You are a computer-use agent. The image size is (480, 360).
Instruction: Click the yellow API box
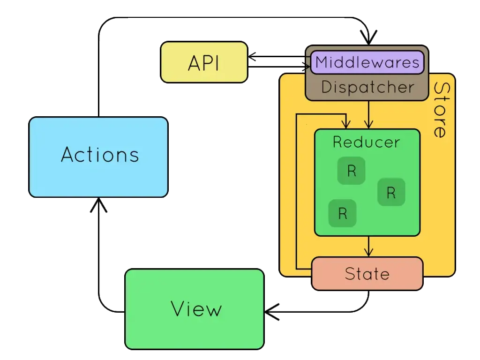pos(204,62)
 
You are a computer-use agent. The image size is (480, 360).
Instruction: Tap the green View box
pos(195,309)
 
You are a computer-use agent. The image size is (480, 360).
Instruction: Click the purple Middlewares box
pos(367,62)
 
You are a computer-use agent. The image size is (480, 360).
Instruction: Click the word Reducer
pos(366,142)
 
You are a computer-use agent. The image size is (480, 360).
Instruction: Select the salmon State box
pos(367,273)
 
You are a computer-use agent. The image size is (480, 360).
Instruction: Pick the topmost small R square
pos(352,171)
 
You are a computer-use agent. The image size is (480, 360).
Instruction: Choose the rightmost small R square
pos(391,192)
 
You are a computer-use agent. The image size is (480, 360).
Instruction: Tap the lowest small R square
pos(343,213)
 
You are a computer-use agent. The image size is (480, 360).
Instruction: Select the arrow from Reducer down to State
pos(369,246)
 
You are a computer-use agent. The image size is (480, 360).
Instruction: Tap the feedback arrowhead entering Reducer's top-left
pos(346,124)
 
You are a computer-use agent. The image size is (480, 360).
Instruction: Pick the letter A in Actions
pos(68,155)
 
